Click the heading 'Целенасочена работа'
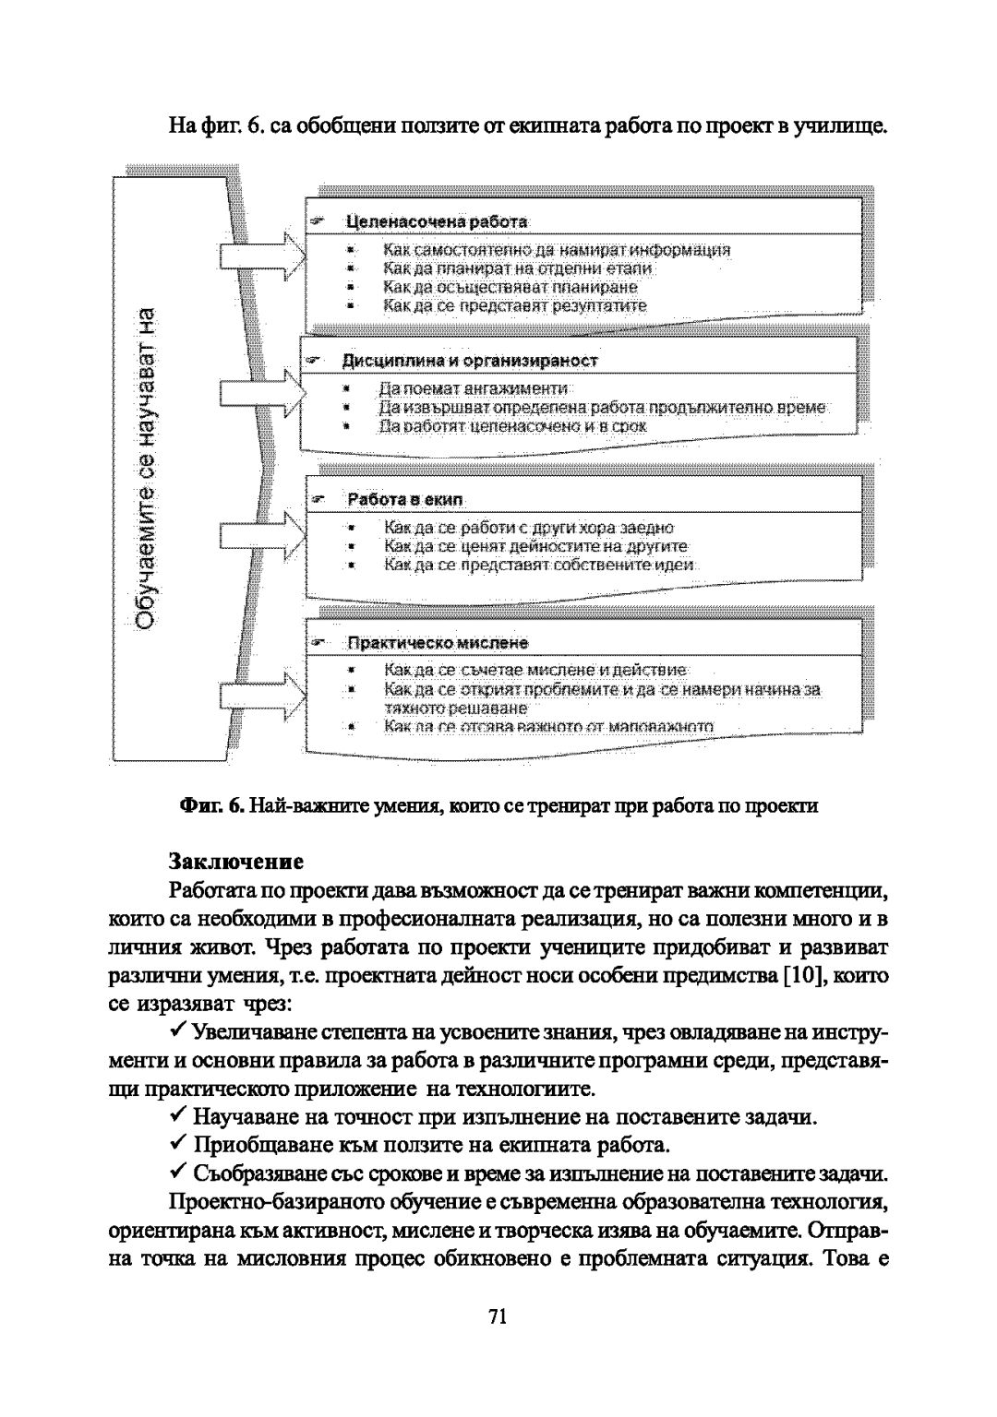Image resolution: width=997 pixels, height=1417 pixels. [x=436, y=221]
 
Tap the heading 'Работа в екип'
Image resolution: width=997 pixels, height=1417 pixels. [x=404, y=499]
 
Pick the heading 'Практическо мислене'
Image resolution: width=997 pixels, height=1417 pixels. [x=437, y=642]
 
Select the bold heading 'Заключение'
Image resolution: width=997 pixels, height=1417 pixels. [x=236, y=863]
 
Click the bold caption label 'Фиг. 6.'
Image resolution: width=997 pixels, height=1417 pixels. [x=210, y=806]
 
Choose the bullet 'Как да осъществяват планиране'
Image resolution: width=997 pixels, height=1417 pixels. [x=510, y=287]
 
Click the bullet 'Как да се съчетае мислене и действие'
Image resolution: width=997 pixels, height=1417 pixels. [x=535, y=671]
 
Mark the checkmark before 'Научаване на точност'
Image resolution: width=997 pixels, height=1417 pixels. [x=180, y=1116]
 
